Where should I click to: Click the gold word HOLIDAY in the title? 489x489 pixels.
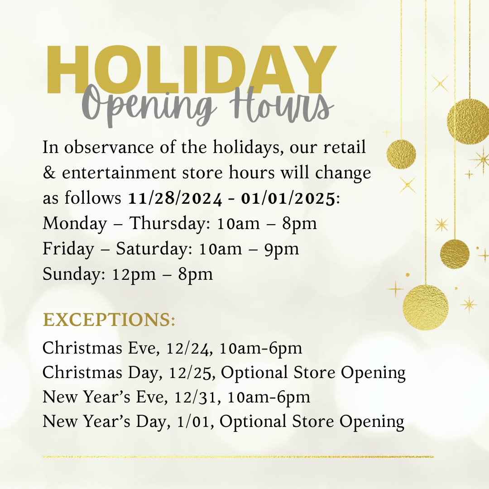point(190,70)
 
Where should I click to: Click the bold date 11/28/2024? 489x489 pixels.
point(174,198)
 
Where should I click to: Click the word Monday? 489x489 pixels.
point(75,224)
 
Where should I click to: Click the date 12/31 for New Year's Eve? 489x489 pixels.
point(200,398)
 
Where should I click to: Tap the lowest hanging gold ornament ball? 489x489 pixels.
point(425,307)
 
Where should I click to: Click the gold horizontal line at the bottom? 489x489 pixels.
point(238,456)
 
